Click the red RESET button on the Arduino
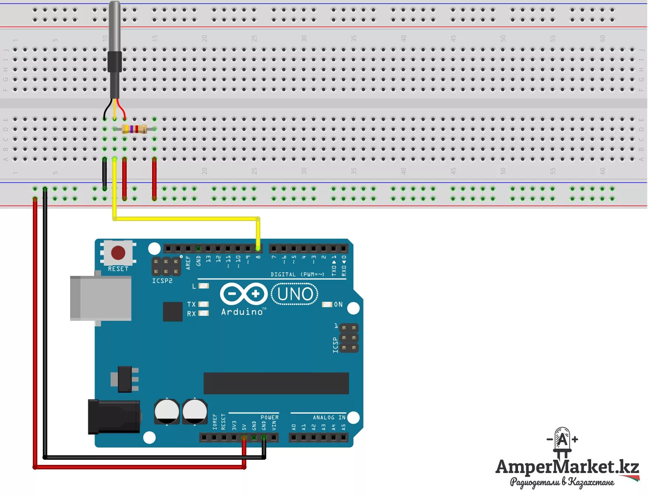118,253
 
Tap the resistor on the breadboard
134,129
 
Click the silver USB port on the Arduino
100,298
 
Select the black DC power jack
113,417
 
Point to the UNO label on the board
295,294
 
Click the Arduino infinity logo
244,294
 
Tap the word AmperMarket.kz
567,467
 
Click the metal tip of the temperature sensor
114,26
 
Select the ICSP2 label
162,281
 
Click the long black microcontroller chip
276,383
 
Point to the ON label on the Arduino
338,304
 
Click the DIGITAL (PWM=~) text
297,274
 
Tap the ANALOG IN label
329,417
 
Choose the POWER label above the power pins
270,417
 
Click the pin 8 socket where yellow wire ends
258,248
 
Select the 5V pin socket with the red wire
244,438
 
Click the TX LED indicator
203,304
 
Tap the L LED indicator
203,286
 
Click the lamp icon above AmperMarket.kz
562,441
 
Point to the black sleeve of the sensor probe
114,62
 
